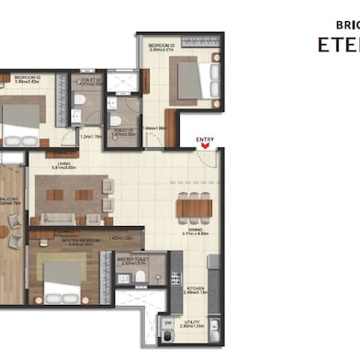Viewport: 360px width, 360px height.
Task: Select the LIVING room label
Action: [63, 164]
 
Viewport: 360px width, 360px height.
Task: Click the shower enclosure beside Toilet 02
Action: [120, 81]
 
